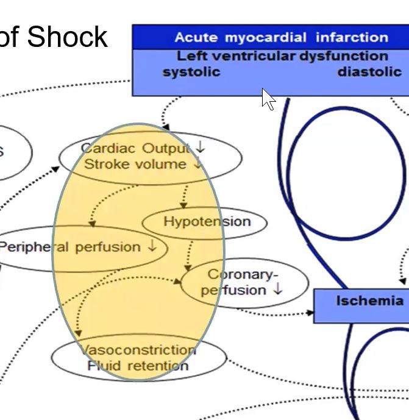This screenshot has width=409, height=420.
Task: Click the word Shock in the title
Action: pos(67,37)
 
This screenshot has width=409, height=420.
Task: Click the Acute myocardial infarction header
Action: pos(281,37)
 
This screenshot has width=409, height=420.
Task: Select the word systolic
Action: pos(191,72)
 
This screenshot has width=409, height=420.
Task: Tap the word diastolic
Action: pos(369,72)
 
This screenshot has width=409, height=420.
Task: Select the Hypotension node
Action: pos(207,222)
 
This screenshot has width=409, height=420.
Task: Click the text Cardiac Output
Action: pos(136,148)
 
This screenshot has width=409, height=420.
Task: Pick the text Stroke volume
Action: pos(135,164)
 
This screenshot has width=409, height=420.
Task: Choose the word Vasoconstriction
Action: pos(138,350)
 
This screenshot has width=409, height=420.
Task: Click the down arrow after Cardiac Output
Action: pos(201,148)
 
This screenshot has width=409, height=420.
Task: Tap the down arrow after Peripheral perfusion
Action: pos(152,246)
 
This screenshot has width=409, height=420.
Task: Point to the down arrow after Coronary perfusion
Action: pos(278,290)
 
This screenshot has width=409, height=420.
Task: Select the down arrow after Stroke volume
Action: pos(197,164)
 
